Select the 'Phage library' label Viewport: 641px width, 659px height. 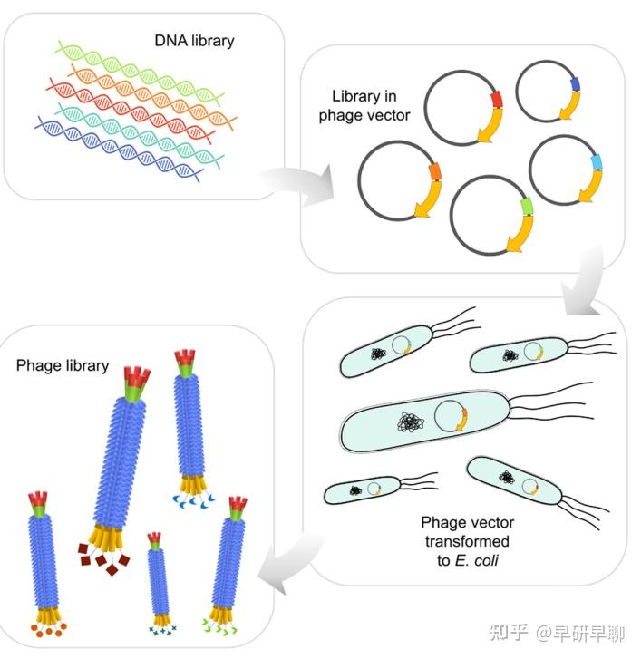pyautogui.click(x=63, y=365)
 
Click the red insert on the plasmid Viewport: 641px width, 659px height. pyautogui.click(x=494, y=98)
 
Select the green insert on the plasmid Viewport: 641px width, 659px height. pyautogui.click(x=525, y=212)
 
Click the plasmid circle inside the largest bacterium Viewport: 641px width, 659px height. pyautogui.click(x=449, y=417)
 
